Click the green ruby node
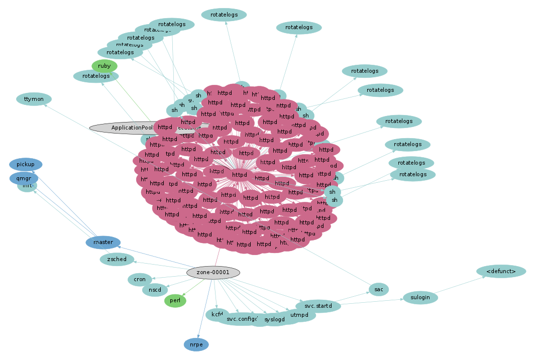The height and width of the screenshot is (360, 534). [x=104, y=66]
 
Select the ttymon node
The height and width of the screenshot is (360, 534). [x=34, y=99]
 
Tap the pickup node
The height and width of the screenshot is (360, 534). [x=26, y=164]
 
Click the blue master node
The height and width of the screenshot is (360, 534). [x=103, y=243]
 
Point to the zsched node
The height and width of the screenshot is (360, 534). [x=117, y=260]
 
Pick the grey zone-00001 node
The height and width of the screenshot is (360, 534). [x=213, y=272]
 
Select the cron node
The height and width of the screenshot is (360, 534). [x=140, y=279]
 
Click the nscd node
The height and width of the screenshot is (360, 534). [x=155, y=290]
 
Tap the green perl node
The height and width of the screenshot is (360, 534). [x=175, y=301]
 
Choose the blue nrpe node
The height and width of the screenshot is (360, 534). [x=196, y=344]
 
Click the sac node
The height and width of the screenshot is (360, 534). [x=379, y=289]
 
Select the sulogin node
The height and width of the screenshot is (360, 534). [x=420, y=298]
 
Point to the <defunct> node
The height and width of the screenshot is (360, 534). [x=501, y=272]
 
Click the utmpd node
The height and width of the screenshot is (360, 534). [x=299, y=315]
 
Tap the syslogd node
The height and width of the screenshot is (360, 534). [x=274, y=319]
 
